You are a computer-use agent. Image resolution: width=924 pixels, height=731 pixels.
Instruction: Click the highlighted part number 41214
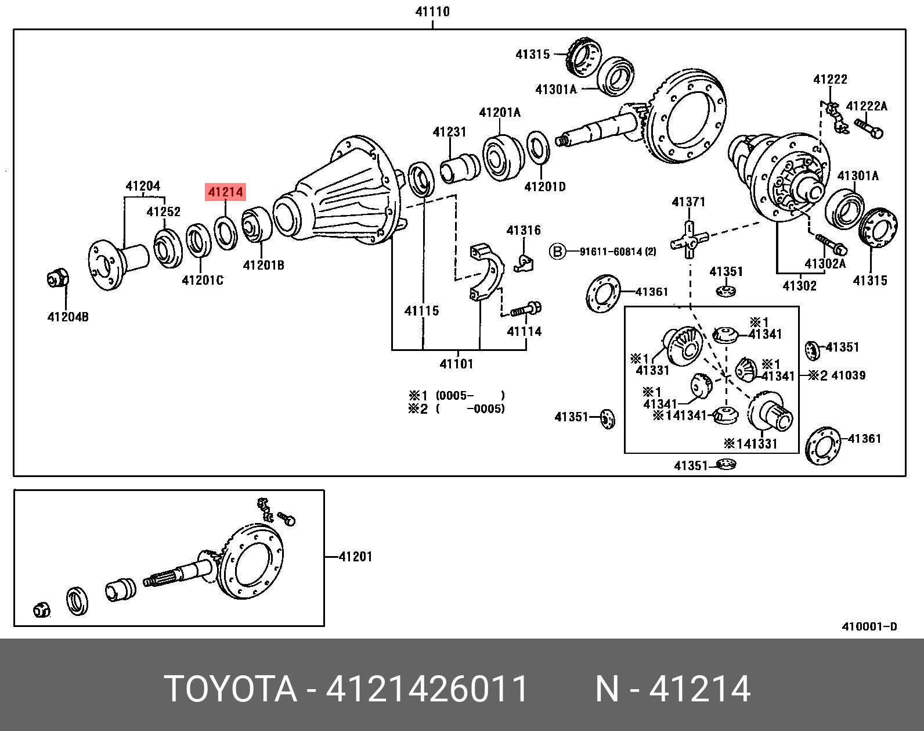point(226,192)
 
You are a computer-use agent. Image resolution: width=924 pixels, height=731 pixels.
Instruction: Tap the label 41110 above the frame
point(432,12)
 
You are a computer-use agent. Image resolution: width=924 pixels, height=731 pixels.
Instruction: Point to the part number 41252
point(163,212)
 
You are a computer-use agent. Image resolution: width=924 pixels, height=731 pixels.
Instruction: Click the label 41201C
point(203,280)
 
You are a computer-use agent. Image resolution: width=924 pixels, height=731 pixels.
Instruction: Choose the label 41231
point(449,132)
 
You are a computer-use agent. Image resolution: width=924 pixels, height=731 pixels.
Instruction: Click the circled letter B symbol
point(557,252)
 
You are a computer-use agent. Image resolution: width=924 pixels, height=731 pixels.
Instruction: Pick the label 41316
point(524,231)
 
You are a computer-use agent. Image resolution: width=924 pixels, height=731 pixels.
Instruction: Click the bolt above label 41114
point(526,309)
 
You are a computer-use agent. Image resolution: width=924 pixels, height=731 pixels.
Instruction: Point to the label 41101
point(457,364)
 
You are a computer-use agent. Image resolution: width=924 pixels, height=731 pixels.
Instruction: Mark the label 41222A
point(867,106)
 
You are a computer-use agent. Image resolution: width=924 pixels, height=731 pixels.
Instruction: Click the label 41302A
point(825,264)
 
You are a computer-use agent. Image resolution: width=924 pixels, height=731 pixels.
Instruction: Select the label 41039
point(848,375)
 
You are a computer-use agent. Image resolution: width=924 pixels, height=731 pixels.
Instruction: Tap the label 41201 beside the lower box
point(355,557)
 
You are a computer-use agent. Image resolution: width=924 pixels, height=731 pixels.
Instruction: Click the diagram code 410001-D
point(869,626)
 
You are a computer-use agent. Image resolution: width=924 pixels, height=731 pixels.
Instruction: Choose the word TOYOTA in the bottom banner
point(230,689)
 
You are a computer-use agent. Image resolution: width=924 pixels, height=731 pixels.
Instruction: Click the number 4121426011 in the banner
point(427,689)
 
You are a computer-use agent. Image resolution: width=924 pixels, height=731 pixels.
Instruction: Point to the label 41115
point(422,311)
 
